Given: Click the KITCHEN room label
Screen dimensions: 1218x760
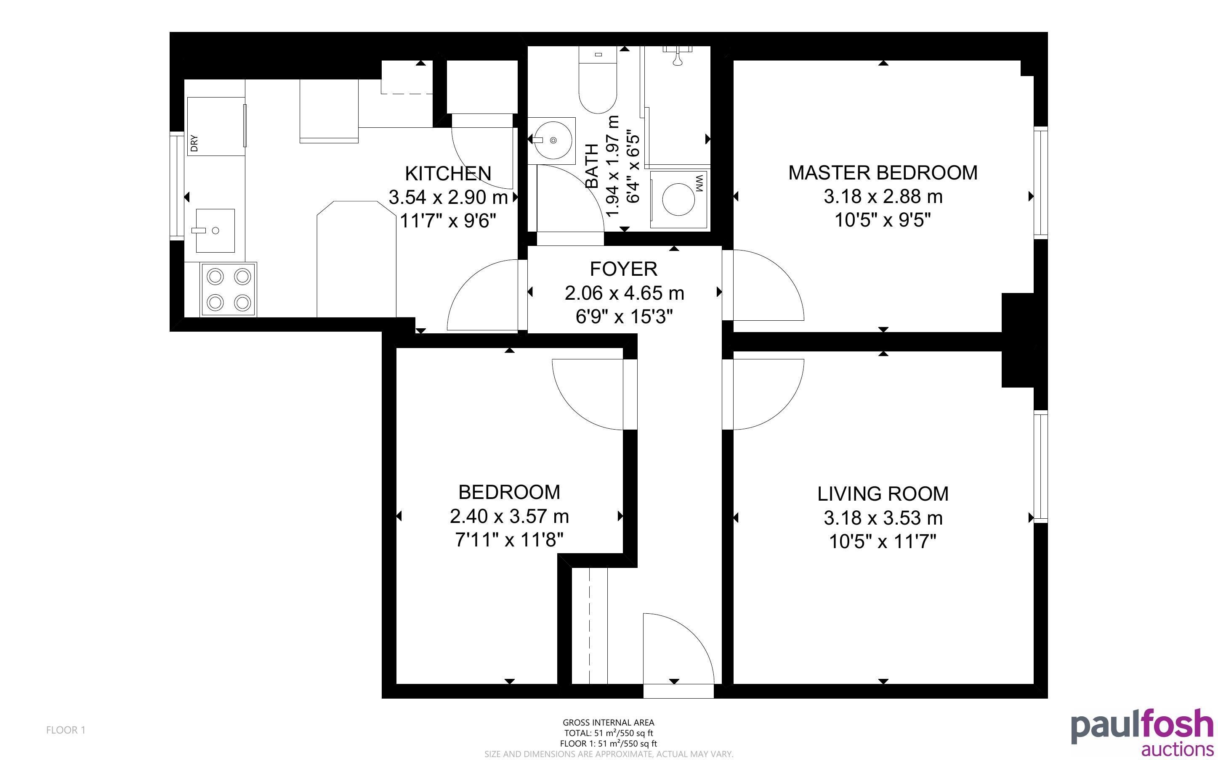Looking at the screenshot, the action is click(x=448, y=174).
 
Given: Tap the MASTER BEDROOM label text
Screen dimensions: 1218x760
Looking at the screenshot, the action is click(x=883, y=173).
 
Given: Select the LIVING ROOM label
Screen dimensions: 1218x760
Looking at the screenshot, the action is click(x=883, y=494).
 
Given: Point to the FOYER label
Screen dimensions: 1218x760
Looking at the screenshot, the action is click(x=624, y=269).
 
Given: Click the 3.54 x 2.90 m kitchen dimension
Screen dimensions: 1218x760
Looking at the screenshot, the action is click(x=448, y=197).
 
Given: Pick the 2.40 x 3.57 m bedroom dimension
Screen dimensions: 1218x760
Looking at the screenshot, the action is click(x=509, y=516).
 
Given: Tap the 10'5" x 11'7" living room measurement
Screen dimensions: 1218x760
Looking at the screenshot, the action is click(x=883, y=542).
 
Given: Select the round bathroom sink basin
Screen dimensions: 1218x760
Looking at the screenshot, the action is click(x=553, y=140).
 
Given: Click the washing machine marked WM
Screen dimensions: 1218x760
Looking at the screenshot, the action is click(x=679, y=200).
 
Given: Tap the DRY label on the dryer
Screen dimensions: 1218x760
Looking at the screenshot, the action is click(x=194, y=143).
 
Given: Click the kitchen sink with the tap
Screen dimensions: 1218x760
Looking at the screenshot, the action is click(x=215, y=231).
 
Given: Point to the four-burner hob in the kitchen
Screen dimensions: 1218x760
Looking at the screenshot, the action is click(x=229, y=290).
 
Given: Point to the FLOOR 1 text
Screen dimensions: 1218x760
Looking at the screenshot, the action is click(x=66, y=730).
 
